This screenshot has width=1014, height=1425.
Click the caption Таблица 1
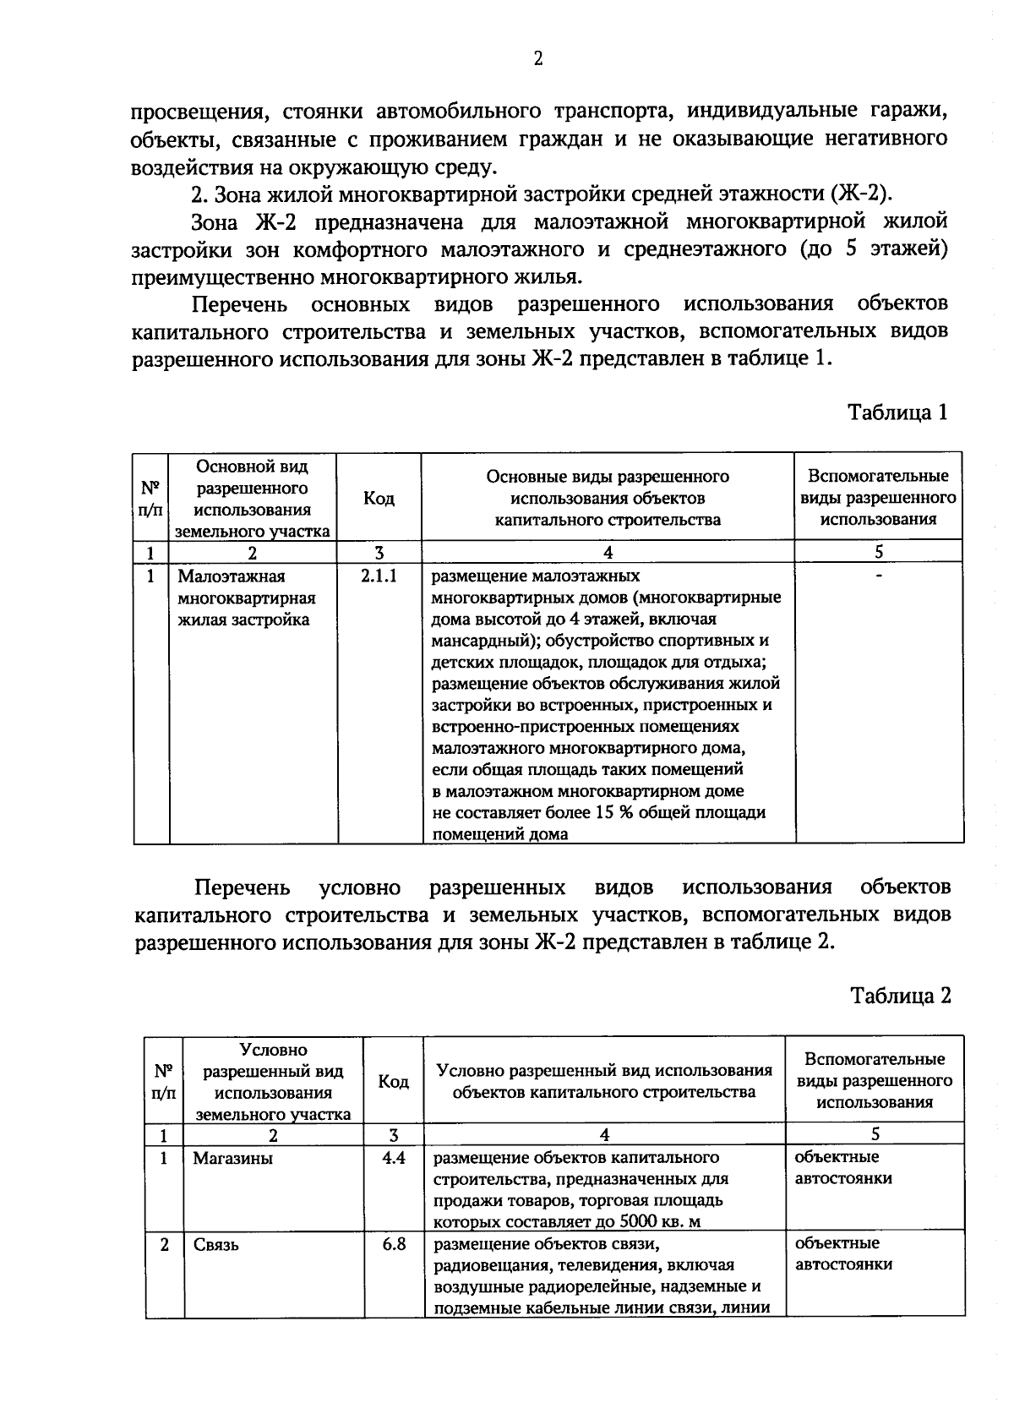pyautogui.click(x=897, y=412)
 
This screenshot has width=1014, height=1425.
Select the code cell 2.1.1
pyautogui.click(x=379, y=576)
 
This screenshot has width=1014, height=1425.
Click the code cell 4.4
pyautogui.click(x=393, y=1157)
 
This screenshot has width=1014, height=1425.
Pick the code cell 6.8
pyautogui.click(x=393, y=1244)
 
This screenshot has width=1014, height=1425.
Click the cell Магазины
pyautogui.click(x=232, y=1158)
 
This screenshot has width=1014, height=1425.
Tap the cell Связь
pyautogui.click(x=215, y=1245)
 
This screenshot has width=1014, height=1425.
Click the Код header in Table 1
pyautogui.click(x=379, y=499)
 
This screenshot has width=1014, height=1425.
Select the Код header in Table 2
pyautogui.click(x=393, y=1082)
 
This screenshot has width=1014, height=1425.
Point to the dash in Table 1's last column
pyautogui.click(x=879, y=576)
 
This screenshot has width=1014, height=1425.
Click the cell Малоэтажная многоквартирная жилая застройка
pyautogui.click(x=246, y=598)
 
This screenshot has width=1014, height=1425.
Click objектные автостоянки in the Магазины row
pyautogui.click(x=842, y=1167)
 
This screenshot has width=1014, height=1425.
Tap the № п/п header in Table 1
pyautogui.click(x=150, y=499)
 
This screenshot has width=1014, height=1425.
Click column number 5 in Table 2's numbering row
pyautogui.click(x=875, y=1133)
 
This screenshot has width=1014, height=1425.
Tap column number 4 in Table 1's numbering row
pyautogui.click(x=608, y=553)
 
